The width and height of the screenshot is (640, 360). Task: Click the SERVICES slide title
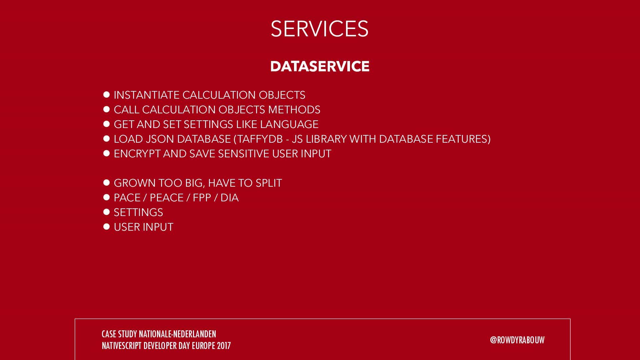[x=319, y=29]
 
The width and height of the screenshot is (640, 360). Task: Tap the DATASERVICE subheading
[x=320, y=66]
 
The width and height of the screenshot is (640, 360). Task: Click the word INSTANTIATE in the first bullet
[x=147, y=95]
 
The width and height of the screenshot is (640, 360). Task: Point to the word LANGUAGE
[x=289, y=124]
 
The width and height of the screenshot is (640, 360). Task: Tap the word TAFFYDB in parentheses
[x=260, y=139]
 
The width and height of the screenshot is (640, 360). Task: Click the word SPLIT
[x=269, y=183]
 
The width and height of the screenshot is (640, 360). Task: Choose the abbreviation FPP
[x=202, y=198]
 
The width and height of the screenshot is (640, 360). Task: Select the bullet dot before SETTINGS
[x=107, y=212]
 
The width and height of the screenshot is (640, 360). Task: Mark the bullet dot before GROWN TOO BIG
[x=107, y=183]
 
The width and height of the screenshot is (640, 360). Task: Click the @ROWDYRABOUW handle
[x=517, y=340]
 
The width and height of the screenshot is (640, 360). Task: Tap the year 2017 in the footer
[x=224, y=346]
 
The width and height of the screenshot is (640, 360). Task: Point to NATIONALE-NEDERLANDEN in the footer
[x=177, y=334]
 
